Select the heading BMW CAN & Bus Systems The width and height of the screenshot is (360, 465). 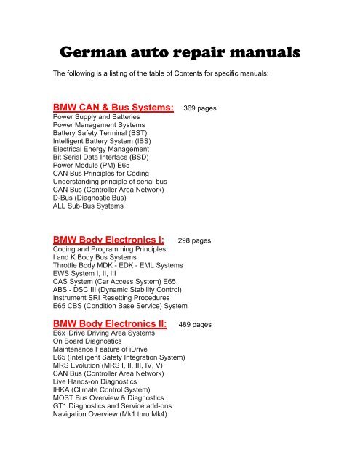click(113, 108)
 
